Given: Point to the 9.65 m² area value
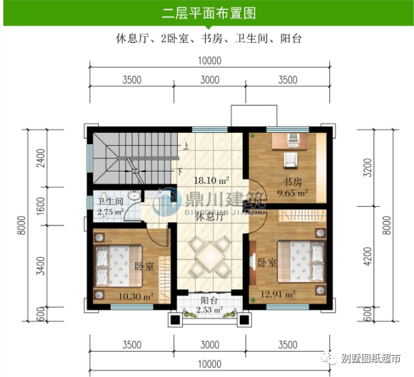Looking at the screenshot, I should click(293, 193).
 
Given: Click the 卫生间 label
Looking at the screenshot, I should click(109, 202).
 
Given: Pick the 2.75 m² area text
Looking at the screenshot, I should click(110, 212).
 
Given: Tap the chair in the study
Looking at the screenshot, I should click(290, 160).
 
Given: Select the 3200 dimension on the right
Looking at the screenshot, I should click(369, 166).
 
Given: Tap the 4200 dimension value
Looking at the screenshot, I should click(369, 256).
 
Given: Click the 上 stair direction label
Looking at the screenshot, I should click(185, 147).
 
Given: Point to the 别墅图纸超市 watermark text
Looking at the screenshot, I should click(370, 358).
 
